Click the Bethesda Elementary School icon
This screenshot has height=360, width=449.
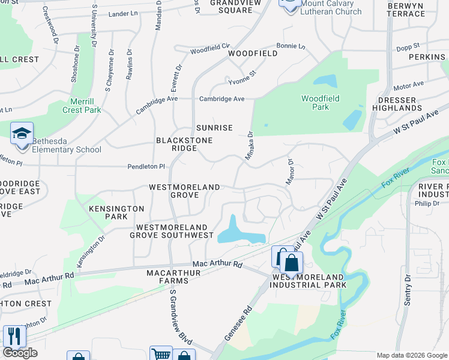click(22, 134)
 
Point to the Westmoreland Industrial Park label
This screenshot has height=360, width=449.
click(309, 281)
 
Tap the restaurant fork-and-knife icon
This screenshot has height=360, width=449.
click(14, 337)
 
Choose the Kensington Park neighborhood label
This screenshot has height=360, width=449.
click(116, 212)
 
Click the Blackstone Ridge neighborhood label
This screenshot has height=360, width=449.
click(176, 144)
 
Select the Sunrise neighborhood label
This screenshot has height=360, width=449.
click(214, 128)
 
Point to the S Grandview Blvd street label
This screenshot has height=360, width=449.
click(181, 317)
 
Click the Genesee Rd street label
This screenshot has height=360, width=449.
click(237, 326)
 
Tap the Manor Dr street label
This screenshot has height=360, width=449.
click(289, 172)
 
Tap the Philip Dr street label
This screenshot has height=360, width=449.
click(427, 203)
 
